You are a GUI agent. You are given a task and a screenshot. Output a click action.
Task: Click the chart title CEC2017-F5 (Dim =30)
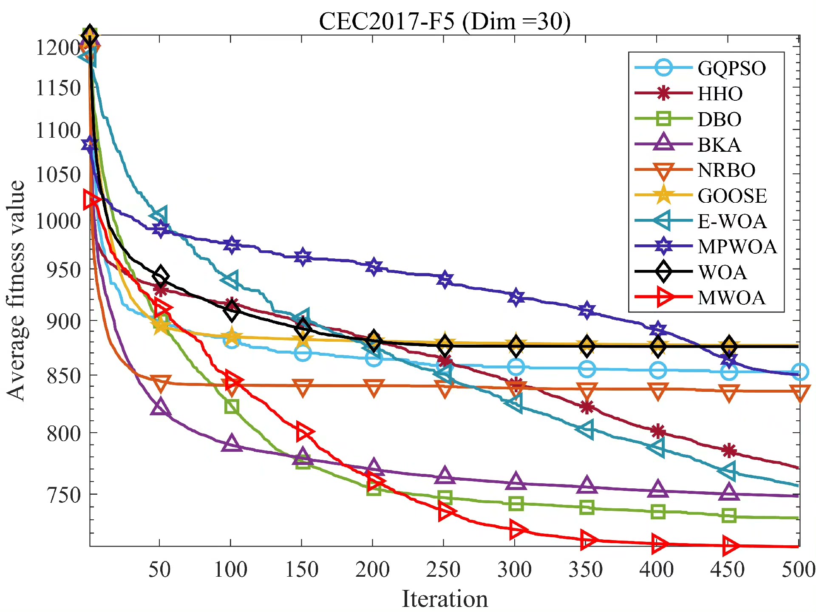[x=445, y=21]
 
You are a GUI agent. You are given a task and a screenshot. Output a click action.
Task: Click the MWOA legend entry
[x=731, y=298]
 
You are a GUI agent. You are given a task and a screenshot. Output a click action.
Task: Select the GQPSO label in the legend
[x=731, y=68]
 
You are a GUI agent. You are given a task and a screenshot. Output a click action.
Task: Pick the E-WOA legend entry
[x=732, y=221]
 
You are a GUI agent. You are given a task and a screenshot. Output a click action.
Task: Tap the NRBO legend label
[x=726, y=170]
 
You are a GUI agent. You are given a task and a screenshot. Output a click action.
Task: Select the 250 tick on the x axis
[x=443, y=569]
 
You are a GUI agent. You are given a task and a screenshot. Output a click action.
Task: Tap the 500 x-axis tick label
[x=798, y=569]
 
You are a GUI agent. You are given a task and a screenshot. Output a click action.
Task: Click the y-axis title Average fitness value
[x=16, y=291]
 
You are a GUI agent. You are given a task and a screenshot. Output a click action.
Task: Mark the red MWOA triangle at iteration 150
[x=304, y=432]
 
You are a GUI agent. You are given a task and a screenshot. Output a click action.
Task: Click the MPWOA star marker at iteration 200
[x=374, y=266]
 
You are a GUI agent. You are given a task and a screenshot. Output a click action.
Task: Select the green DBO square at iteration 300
[x=516, y=504]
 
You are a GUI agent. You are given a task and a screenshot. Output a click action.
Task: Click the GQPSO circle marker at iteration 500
[x=799, y=372]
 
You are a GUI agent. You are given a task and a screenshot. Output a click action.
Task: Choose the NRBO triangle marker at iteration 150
[x=303, y=387]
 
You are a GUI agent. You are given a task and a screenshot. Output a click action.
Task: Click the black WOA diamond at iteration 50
[x=160, y=276]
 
